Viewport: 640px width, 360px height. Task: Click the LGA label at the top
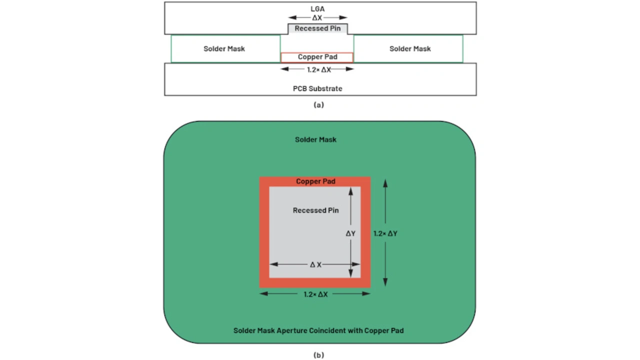[x=317, y=9]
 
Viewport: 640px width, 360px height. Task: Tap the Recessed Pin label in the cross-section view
[x=317, y=28]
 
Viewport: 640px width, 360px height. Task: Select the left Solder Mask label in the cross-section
[x=224, y=49]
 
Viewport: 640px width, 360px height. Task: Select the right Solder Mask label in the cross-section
[x=410, y=49]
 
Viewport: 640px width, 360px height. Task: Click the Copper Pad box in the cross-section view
[x=317, y=57]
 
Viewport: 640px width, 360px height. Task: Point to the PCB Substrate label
[x=317, y=88]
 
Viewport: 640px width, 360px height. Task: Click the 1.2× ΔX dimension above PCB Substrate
[x=319, y=69]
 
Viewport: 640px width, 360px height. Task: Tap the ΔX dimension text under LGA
[x=317, y=17]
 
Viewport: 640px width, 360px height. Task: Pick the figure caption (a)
[x=319, y=105]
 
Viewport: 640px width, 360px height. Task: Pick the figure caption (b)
[x=319, y=355]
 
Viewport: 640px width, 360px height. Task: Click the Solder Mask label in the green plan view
[x=315, y=139]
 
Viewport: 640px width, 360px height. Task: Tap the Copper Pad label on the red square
[x=315, y=181]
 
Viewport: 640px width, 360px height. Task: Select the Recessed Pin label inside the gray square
[x=315, y=210]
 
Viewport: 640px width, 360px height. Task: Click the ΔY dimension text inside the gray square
[x=350, y=233]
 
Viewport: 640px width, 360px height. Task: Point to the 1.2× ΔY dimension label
[x=385, y=233]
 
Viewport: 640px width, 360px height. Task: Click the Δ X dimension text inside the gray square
[x=315, y=265]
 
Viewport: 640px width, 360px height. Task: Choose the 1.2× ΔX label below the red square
[x=315, y=294]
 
